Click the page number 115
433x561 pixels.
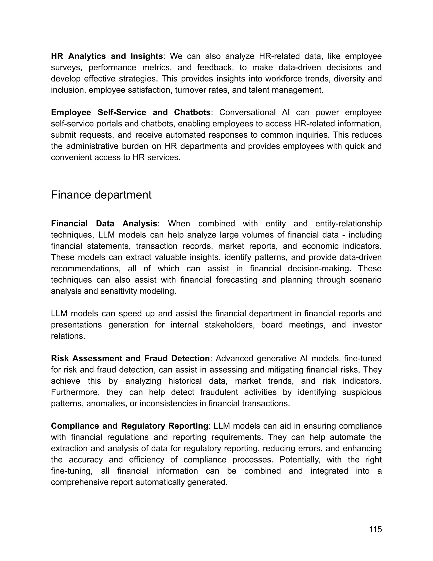[375, 529]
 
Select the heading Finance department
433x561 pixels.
[101, 195]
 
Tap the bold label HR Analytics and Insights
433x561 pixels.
[107, 56]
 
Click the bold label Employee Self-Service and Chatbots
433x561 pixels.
[131, 112]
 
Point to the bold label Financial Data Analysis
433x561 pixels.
[104, 224]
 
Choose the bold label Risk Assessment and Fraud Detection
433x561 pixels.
[130, 358]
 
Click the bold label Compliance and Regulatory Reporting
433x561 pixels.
[129, 426]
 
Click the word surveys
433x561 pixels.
[66, 67]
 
